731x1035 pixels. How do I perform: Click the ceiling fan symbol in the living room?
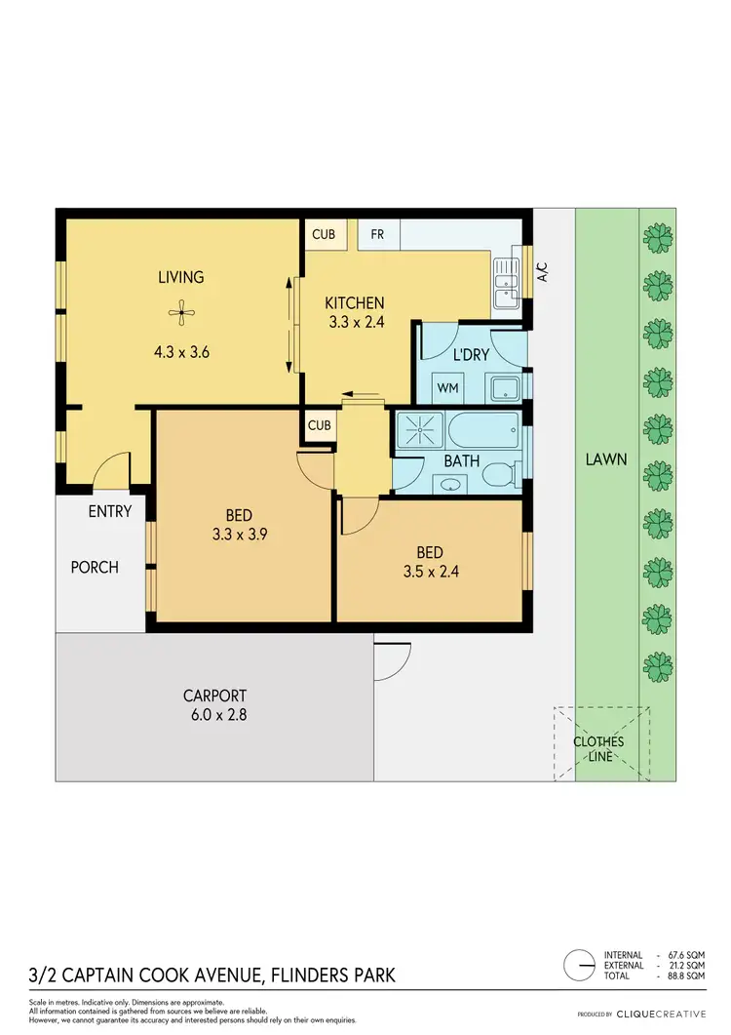point(181,313)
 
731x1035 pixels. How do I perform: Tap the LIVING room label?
point(181,277)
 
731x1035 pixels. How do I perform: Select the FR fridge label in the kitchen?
point(376,235)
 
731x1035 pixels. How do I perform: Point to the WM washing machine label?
point(447,388)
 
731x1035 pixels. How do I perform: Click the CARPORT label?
point(214,696)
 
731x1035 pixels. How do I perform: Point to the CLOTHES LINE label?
point(598,748)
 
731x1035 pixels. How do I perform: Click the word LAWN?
point(606,458)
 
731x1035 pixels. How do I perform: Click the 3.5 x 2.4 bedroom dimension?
point(430,572)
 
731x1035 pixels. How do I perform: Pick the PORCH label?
point(95,567)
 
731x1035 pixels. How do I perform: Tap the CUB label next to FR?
point(324,235)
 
